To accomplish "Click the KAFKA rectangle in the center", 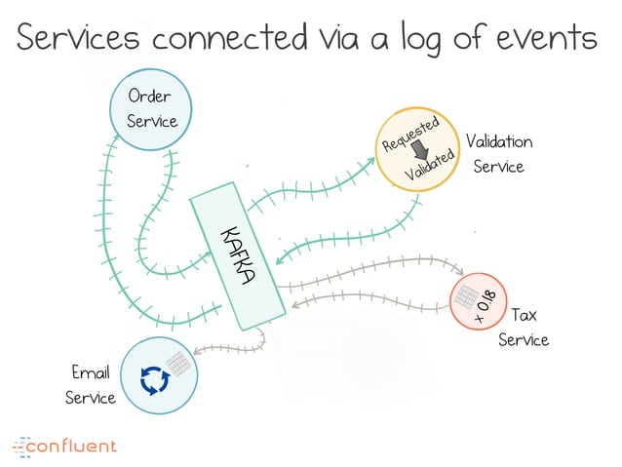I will click(x=237, y=255).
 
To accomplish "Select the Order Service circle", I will click(x=151, y=109).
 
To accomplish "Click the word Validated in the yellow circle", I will click(x=431, y=165).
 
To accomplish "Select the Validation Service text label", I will click(x=498, y=154).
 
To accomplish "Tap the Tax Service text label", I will click(x=524, y=328).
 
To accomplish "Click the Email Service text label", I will click(x=90, y=385).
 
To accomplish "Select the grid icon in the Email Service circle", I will click(x=178, y=363).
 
